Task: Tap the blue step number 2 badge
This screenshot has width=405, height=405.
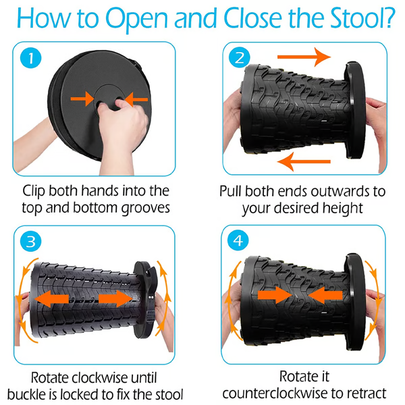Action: (239, 58)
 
